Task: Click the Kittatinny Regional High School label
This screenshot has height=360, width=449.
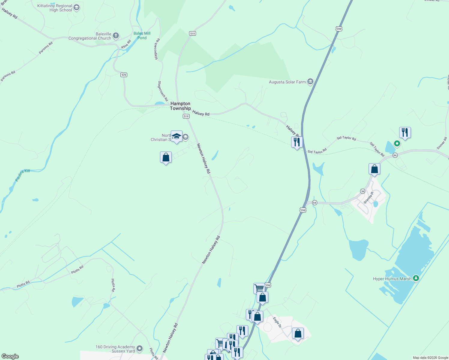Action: point(55,8)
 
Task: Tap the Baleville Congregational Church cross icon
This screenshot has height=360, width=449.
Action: point(116,36)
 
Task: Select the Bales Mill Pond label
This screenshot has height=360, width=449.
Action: point(142,35)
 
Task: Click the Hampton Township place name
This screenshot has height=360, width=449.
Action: point(180,106)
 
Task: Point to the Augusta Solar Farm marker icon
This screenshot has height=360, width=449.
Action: point(310,82)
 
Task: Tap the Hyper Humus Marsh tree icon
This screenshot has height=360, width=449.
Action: point(416,278)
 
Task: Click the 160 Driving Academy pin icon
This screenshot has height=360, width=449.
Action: point(140,349)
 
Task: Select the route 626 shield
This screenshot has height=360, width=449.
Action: point(124,75)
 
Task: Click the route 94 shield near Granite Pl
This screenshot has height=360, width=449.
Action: point(363,191)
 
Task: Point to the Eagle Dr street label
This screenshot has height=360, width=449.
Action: point(277,322)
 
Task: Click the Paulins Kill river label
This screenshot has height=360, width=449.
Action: point(23,175)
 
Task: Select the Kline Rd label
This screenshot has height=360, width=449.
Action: point(126,44)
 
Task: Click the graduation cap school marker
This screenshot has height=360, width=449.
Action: point(176,136)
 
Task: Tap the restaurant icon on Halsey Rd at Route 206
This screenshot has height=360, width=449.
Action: point(297,142)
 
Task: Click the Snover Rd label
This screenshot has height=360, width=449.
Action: point(442,143)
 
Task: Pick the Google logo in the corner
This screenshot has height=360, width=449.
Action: point(10,356)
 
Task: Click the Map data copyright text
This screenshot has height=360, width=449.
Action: point(430,358)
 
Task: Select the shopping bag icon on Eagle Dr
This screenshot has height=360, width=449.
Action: point(298,333)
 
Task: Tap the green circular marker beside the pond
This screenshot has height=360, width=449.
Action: point(397,144)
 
